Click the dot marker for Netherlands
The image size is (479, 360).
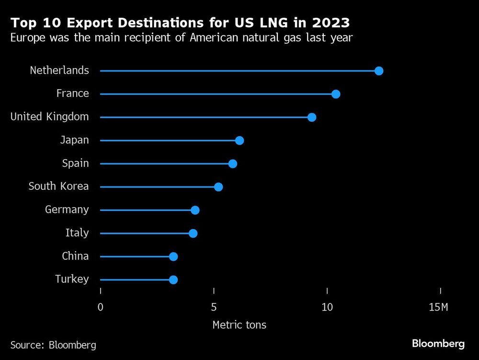point(379,71)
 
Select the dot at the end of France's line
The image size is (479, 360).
point(336,94)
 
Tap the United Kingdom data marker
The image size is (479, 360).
point(312,117)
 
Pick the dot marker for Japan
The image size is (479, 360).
point(239,140)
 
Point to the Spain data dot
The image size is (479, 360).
point(233,163)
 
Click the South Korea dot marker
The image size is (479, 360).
point(218,187)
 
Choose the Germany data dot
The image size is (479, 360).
point(195,210)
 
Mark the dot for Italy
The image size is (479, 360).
point(193,233)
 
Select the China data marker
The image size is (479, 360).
point(173,256)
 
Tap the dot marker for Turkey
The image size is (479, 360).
point(173,280)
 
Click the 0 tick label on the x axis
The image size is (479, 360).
point(101,307)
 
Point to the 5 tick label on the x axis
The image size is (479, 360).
point(214,307)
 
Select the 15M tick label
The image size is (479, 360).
point(438,307)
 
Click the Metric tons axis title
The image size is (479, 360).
point(239,325)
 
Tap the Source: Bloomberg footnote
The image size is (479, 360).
point(53,345)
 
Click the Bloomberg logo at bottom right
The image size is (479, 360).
point(438,344)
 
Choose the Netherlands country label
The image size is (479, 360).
point(59,70)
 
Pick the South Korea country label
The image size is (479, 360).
point(58,186)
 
